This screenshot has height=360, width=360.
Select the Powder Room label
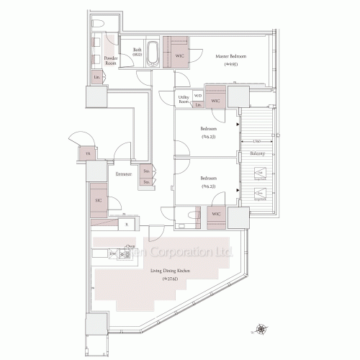(x=111, y=60)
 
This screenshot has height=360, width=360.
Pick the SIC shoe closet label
(x=97, y=200)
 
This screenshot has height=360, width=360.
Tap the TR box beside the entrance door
(x=87, y=154)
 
